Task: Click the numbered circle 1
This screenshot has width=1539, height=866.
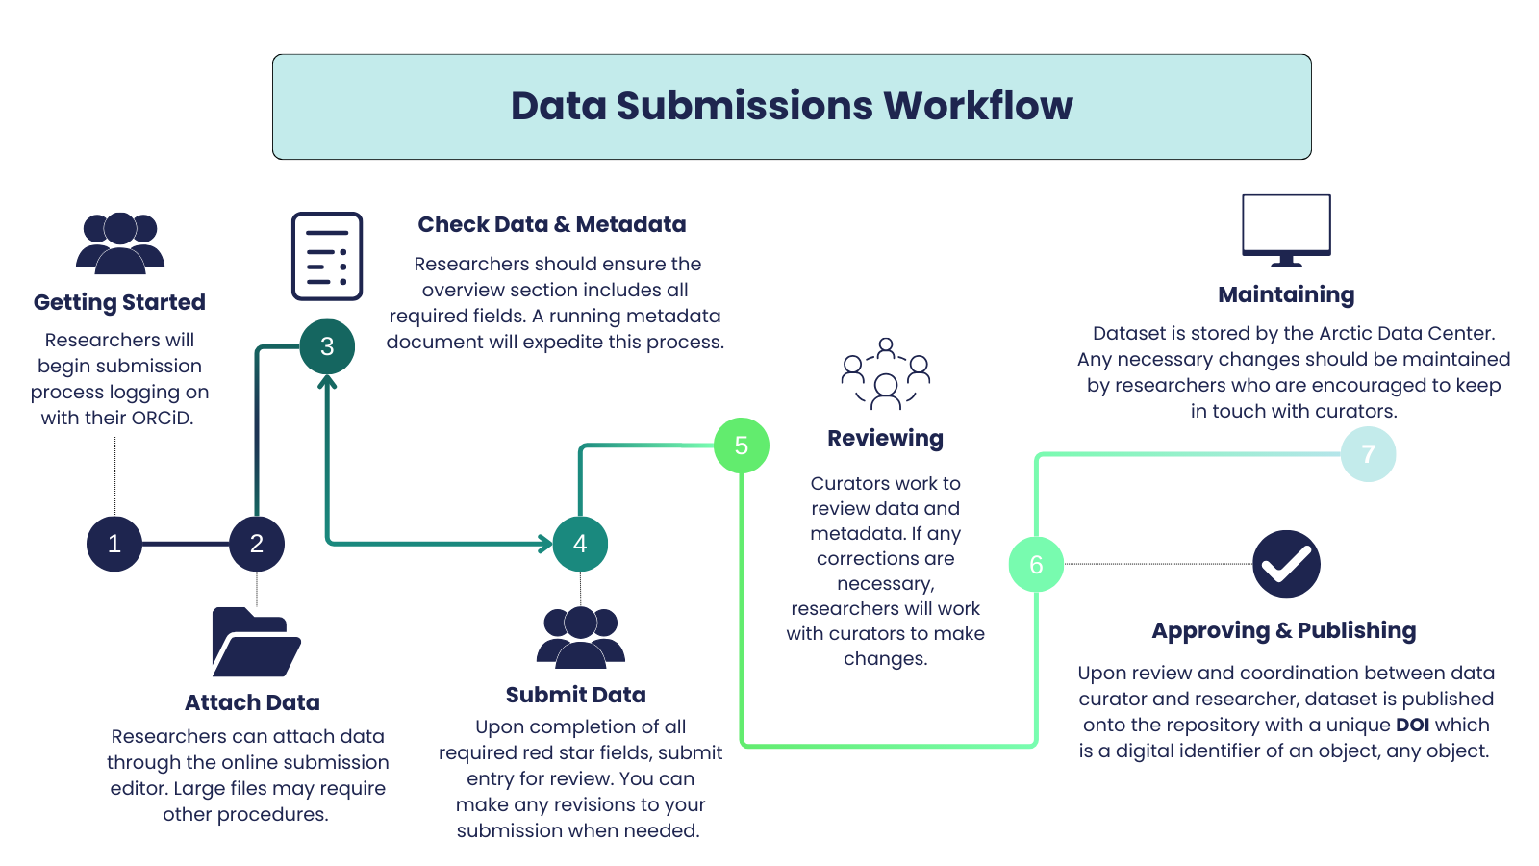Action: coord(114,544)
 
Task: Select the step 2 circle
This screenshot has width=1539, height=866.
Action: coord(257,544)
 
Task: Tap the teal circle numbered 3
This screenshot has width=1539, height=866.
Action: coord(327,346)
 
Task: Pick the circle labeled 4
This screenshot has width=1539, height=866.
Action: coord(580,544)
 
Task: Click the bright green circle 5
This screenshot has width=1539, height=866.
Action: coord(742,446)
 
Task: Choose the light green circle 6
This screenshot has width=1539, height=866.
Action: coord(1036,565)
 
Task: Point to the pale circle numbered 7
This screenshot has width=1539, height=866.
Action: coord(1368,454)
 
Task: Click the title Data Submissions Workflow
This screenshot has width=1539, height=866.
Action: coord(792,106)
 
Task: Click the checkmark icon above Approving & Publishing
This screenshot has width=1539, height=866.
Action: coord(1286,564)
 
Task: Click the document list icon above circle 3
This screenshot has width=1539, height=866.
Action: coord(327,256)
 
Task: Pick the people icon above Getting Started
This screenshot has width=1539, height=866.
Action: coord(120,242)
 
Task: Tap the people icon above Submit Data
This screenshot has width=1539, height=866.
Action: coord(580,637)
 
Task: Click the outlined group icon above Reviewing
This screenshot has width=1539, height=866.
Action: coord(886,374)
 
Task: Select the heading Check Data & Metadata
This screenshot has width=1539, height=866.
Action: coord(552,224)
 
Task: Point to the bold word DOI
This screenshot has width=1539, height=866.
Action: coord(1412,725)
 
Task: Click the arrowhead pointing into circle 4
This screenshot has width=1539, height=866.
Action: coord(545,544)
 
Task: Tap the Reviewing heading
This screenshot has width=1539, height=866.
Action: coord(885,438)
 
